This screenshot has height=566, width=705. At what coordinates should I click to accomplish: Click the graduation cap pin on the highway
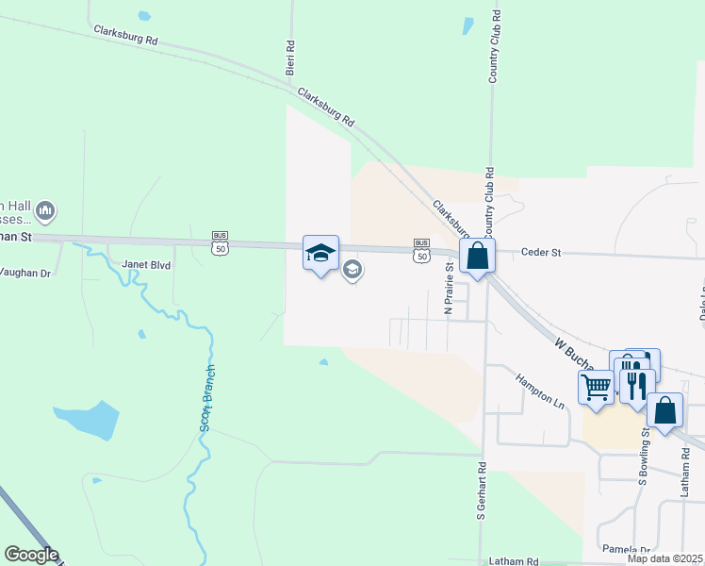pos(320,253)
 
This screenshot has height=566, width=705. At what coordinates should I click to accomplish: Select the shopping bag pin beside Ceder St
pos(478,256)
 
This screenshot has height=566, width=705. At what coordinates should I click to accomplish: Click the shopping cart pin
pos(596,387)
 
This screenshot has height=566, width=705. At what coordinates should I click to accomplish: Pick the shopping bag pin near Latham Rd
pos(664,410)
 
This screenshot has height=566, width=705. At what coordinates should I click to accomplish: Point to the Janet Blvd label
pos(147,266)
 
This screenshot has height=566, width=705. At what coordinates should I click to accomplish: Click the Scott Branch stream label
pos(208,398)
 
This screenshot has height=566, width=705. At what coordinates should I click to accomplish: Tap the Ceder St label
pos(542,253)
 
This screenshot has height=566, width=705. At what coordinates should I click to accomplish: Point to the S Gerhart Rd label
pos(481,491)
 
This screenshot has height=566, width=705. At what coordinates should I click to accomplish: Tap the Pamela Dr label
pos(627,550)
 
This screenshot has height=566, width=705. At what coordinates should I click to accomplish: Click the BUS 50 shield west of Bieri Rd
pos(220,243)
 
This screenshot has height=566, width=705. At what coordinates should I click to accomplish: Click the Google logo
pos(31,555)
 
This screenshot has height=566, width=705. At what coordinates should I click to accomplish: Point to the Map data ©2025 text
pos(665,558)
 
